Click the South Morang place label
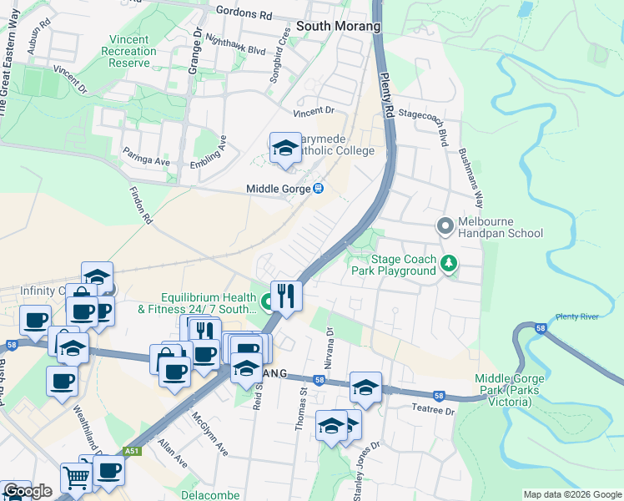[338, 26]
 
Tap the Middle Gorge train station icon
[318, 189]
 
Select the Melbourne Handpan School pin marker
[445, 225]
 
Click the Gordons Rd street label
[244, 13]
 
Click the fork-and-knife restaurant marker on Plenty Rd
[285, 295]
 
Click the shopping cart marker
[76, 478]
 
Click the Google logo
[28, 491]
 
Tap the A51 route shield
[131, 452]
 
